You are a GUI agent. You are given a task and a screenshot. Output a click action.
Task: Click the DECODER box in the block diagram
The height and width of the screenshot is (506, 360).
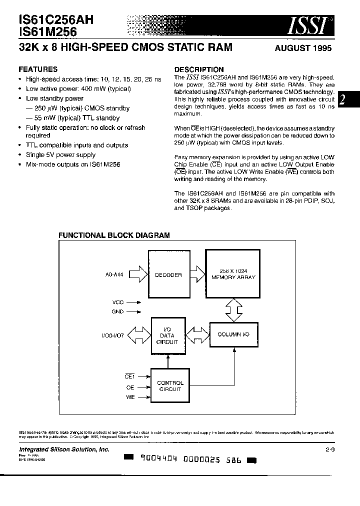pyautogui.click(x=168, y=274)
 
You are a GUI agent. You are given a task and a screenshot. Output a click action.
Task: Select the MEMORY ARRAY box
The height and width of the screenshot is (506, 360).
pyautogui.click(x=232, y=274)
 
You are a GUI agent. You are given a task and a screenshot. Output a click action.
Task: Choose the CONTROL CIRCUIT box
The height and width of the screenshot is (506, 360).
pyautogui.click(x=170, y=385)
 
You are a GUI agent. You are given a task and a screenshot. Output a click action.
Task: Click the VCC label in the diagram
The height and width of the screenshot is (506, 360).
pyautogui.click(x=118, y=302)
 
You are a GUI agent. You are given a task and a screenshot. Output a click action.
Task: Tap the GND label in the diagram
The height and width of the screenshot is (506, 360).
pyautogui.click(x=118, y=311)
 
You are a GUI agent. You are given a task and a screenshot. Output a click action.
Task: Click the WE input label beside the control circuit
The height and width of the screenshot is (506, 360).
pyautogui.click(x=130, y=397)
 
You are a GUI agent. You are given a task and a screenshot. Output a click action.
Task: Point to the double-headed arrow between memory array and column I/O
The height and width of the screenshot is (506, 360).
pyautogui.click(x=232, y=310)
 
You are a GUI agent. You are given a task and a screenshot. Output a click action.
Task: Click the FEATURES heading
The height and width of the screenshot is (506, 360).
pyautogui.click(x=38, y=69)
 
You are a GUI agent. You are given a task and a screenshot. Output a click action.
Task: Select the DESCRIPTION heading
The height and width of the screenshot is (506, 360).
pyautogui.click(x=198, y=69)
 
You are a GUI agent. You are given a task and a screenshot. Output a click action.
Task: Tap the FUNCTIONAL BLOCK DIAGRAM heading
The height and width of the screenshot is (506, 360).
pyautogui.click(x=114, y=235)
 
